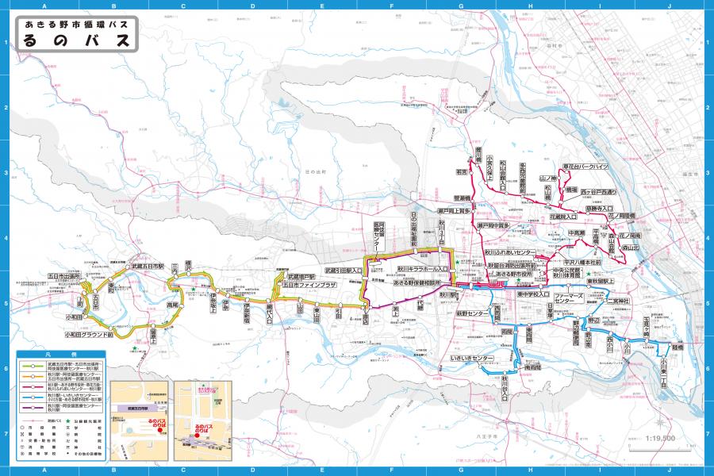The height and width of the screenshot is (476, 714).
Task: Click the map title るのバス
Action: (75, 41)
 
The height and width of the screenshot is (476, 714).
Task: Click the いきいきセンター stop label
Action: (472, 359)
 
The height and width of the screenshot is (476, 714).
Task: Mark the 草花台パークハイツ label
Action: (585, 167)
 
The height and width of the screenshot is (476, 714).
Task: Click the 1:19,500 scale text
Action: (660, 438)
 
